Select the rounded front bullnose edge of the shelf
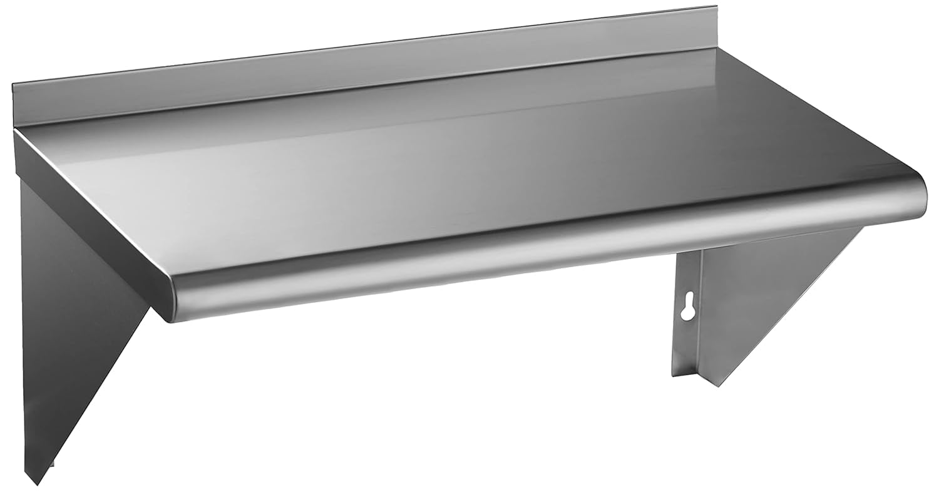click(532, 250)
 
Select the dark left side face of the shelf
click(88, 213)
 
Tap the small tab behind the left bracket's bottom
click(53, 464)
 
